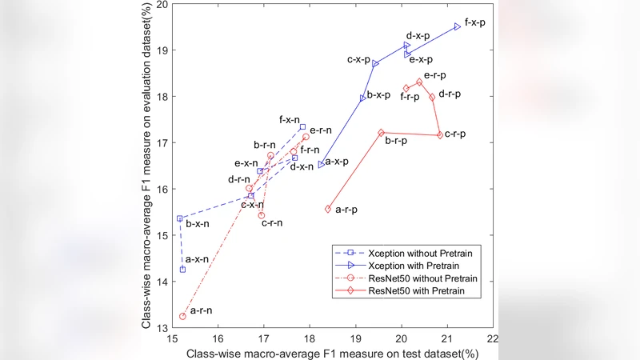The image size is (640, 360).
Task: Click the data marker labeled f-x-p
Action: click(457, 26)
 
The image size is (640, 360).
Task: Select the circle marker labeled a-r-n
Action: click(182, 316)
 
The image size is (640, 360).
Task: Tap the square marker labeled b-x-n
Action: click(180, 218)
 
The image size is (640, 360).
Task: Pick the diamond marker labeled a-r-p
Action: click(328, 209)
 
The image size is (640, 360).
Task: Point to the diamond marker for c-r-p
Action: click(440, 135)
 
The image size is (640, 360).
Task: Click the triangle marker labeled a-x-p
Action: click(321, 165)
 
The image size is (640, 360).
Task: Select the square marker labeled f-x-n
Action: click(302, 127)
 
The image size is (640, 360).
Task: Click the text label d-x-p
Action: click(419, 36)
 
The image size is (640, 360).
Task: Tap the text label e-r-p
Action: click(434, 75)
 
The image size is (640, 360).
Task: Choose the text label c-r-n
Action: click(272, 222)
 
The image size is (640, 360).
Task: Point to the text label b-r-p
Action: click(397, 141)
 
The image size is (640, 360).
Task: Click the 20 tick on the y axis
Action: click(162, 5)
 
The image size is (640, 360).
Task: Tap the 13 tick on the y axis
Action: click(162, 328)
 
